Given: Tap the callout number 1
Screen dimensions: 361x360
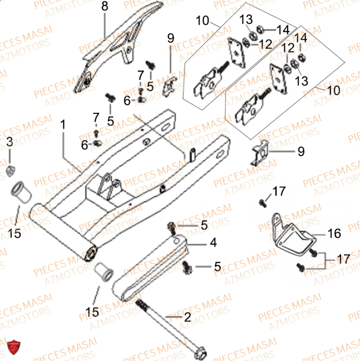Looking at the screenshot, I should [63, 126].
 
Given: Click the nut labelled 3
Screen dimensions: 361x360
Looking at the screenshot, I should [11, 168].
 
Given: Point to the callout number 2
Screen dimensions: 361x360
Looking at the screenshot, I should [187, 318].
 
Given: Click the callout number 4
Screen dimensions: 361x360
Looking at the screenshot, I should [213, 243].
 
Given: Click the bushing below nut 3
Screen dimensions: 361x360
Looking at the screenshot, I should [21, 194].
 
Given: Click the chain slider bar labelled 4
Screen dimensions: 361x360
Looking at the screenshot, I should [152, 269].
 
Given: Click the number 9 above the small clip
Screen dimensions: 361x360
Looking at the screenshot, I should [171, 38].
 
